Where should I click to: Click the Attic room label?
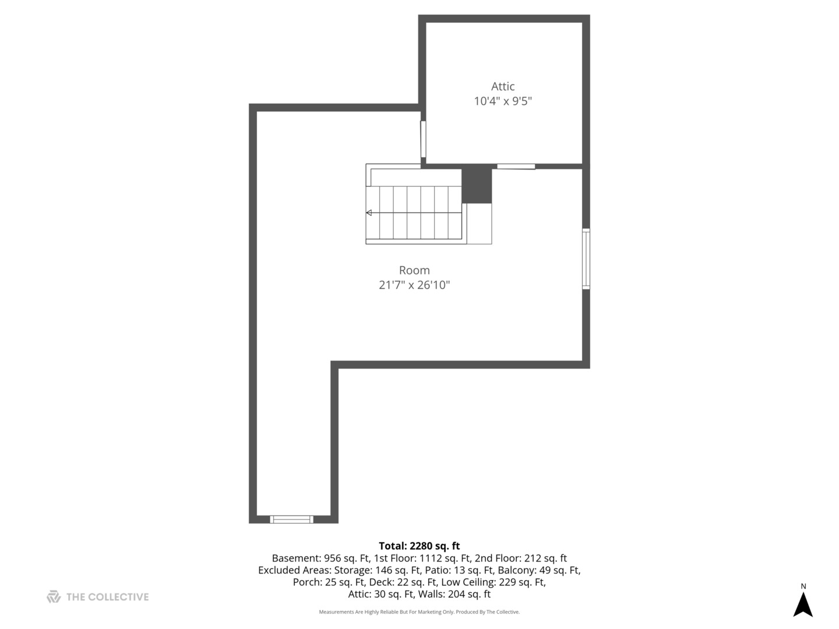(502, 86)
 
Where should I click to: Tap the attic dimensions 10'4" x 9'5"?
(502, 101)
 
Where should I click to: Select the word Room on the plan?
(414, 270)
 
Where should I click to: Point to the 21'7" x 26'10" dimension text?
(414, 285)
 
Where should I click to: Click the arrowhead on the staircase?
(369, 213)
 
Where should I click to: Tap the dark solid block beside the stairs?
(477, 184)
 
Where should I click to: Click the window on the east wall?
(586, 259)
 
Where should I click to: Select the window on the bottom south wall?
(291, 519)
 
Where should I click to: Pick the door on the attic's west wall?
(423, 139)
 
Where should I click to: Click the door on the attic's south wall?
(516, 167)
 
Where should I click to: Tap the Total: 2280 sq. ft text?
(419, 546)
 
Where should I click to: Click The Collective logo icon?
(54, 596)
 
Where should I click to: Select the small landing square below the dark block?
(479, 224)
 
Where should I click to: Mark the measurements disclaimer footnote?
(419, 612)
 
